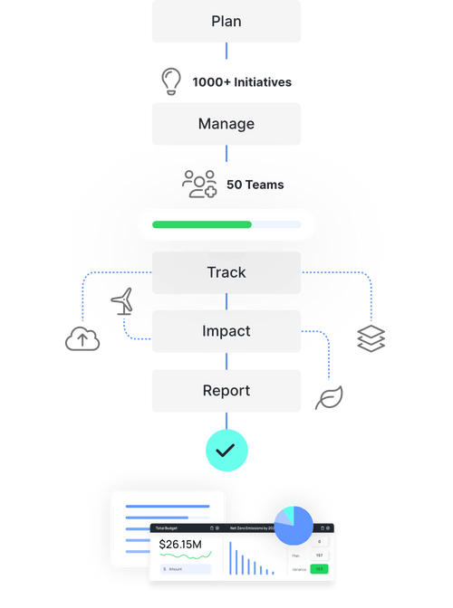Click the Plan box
point(226,21)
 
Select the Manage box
point(226,124)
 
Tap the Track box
point(226,272)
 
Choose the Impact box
point(226,331)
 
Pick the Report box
point(226,391)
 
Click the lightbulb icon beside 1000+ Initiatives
point(170,81)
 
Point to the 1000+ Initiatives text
point(242,82)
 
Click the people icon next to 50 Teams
point(199,184)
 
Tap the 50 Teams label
point(255,185)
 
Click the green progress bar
point(202,224)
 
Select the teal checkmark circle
point(226,449)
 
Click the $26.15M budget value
point(179,545)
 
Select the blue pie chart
point(294,526)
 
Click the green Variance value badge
point(318,569)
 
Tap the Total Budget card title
point(167,527)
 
